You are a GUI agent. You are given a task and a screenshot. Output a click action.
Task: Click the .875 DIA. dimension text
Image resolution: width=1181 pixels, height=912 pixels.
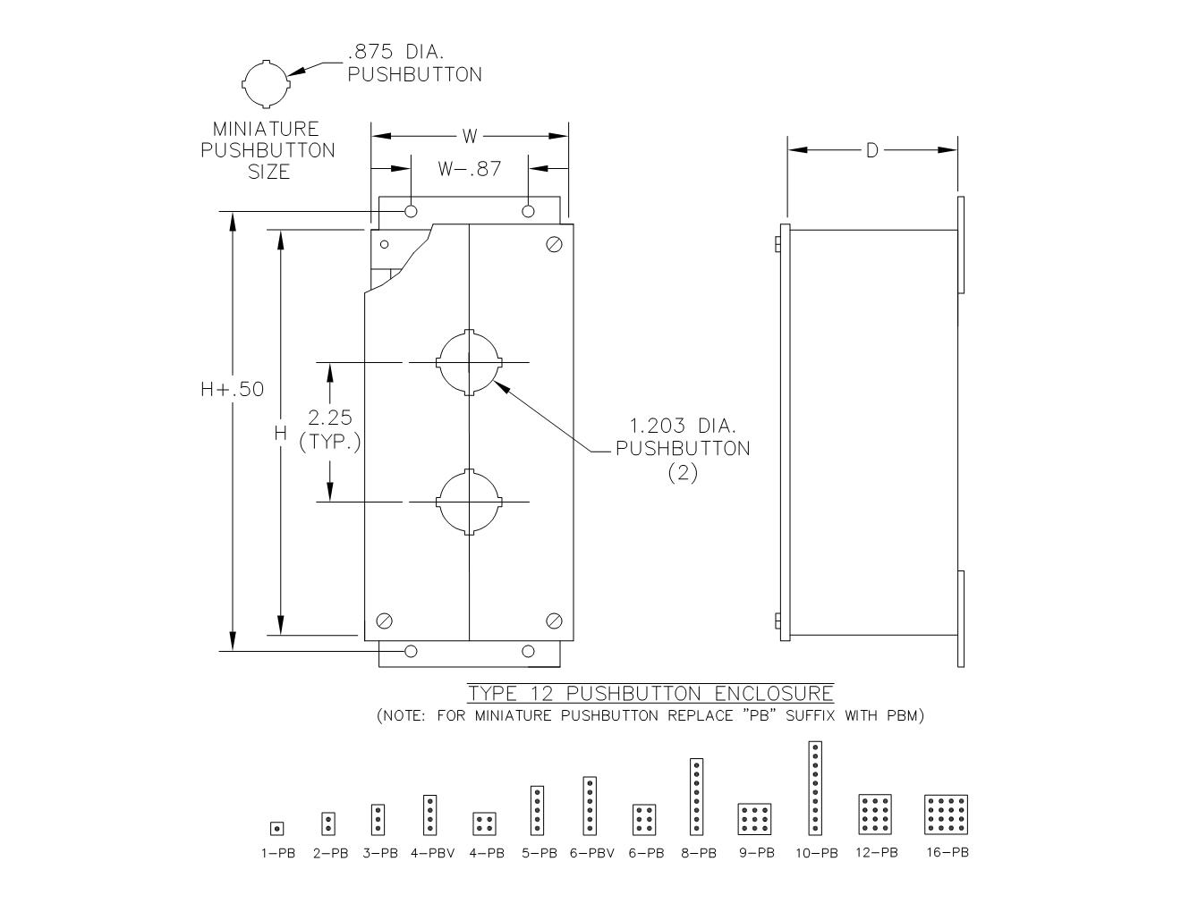point(395,52)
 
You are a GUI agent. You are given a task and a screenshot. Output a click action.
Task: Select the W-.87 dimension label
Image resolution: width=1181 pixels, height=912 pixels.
point(470,169)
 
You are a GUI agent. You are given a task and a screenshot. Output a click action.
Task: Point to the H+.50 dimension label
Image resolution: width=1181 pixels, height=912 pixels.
point(232,389)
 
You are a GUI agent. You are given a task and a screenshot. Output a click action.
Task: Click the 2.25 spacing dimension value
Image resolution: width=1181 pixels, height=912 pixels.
point(330,418)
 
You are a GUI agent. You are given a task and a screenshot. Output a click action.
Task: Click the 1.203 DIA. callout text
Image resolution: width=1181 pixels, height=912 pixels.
point(682,426)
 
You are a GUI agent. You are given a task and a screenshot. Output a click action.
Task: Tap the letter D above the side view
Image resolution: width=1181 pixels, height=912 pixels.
point(871,150)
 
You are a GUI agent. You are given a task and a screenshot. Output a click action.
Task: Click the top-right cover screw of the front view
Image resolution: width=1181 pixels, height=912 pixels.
point(554,244)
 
